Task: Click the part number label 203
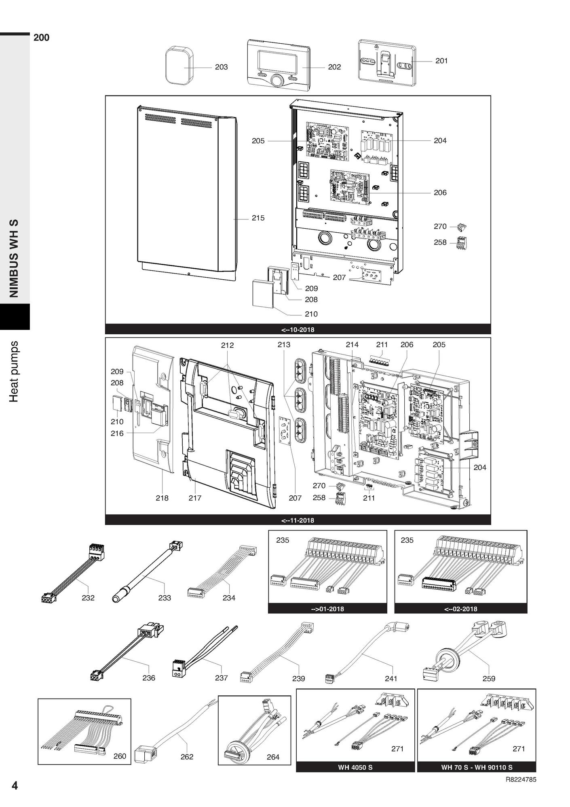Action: coord(221,67)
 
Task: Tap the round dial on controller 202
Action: coord(277,80)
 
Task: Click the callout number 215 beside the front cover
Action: coord(258,218)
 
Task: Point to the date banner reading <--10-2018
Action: coord(298,329)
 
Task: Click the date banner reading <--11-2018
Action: coord(298,520)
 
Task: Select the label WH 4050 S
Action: coord(355,767)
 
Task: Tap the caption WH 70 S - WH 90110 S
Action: coord(477,767)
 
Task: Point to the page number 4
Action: coord(15,786)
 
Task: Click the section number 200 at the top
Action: coord(41,38)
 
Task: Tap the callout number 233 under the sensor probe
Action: coord(165,597)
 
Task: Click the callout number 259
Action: coord(489,678)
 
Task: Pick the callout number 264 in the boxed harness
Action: coord(273,757)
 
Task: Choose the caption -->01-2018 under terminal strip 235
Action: coord(327,609)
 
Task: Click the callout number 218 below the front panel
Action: coord(162,498)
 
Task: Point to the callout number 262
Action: coord(187,756)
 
